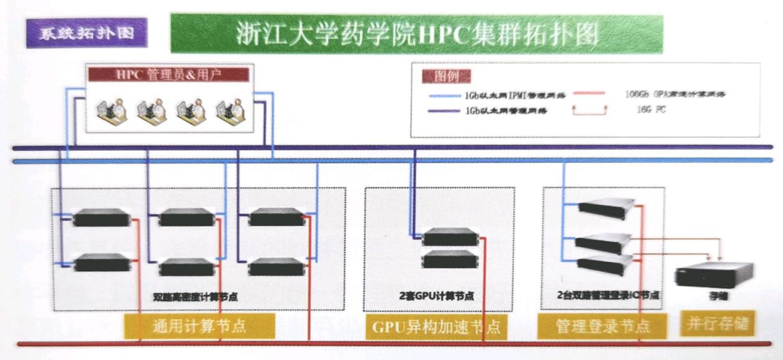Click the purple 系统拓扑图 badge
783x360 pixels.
(x=87, y=33)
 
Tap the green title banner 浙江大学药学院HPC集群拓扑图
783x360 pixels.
(x=416, y=34)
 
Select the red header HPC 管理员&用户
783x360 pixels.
(x=169, y=74)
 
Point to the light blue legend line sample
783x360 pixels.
(x=445, y=96)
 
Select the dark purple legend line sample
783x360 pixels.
(x=445, y=110)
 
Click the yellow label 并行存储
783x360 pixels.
(x=717, y=323)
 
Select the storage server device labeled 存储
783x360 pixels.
(x=714, y=274)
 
